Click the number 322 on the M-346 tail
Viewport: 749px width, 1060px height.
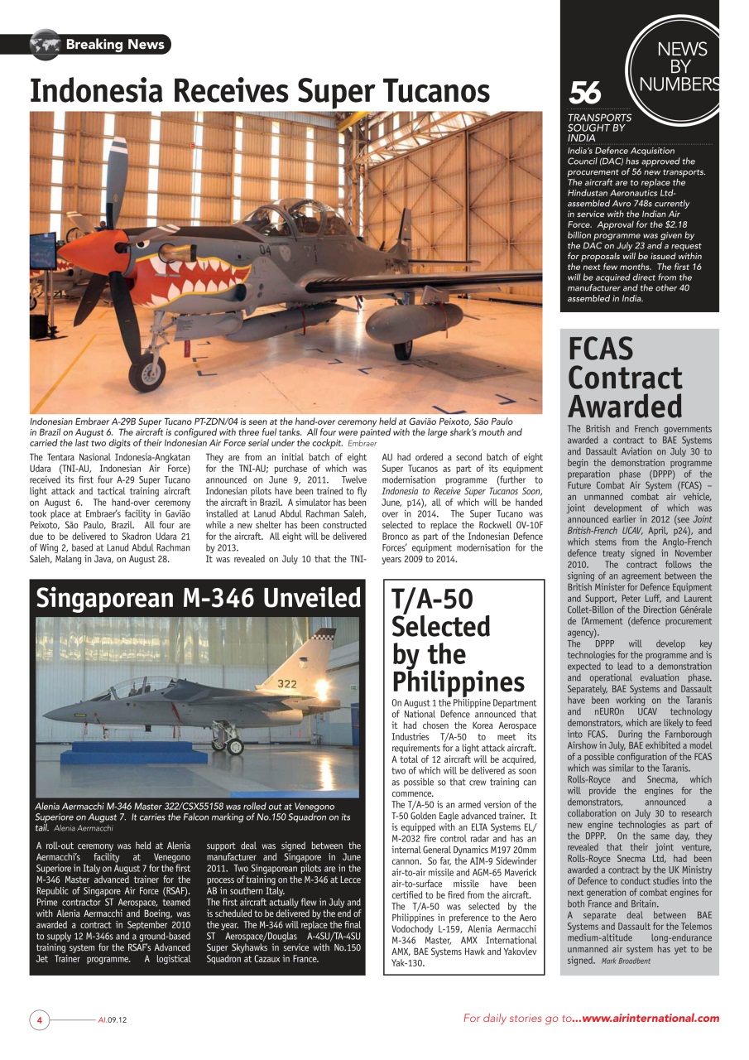point(287,685)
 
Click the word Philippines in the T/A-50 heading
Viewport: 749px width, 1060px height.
point(458,682)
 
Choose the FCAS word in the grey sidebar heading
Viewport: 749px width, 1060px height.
point(600,349)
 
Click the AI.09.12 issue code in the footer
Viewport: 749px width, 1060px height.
point(112,1019)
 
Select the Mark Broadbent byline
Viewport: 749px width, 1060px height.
point(625,961)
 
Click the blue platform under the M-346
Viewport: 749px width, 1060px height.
point(132,756)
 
